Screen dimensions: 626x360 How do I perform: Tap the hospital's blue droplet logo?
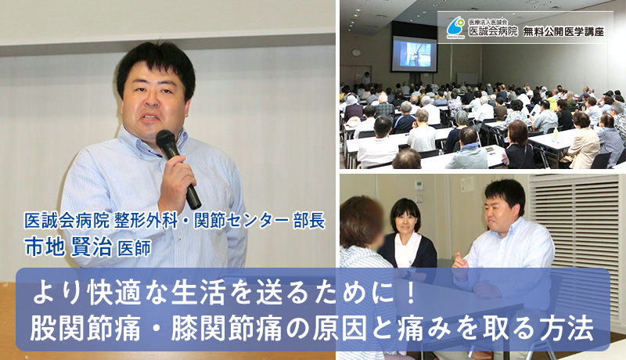coord(455,27)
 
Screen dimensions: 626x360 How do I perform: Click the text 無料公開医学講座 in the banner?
coord(563,31)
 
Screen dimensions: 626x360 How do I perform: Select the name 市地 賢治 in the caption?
coord(69,247)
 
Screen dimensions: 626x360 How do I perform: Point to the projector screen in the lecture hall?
coord(414,54)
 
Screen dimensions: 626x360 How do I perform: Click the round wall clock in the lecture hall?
coord(356,52)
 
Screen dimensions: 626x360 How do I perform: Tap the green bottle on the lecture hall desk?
coord(556,134)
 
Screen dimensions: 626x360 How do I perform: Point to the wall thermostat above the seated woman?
coord(419,185)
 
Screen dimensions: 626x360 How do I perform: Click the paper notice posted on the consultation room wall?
coord(467,184)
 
